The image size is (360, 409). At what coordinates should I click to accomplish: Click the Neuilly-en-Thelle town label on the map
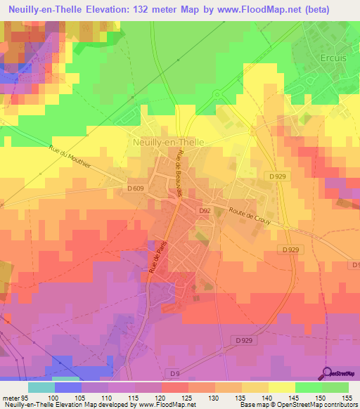pos(168,141)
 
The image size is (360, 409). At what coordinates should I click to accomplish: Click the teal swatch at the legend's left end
pos(41,387)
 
